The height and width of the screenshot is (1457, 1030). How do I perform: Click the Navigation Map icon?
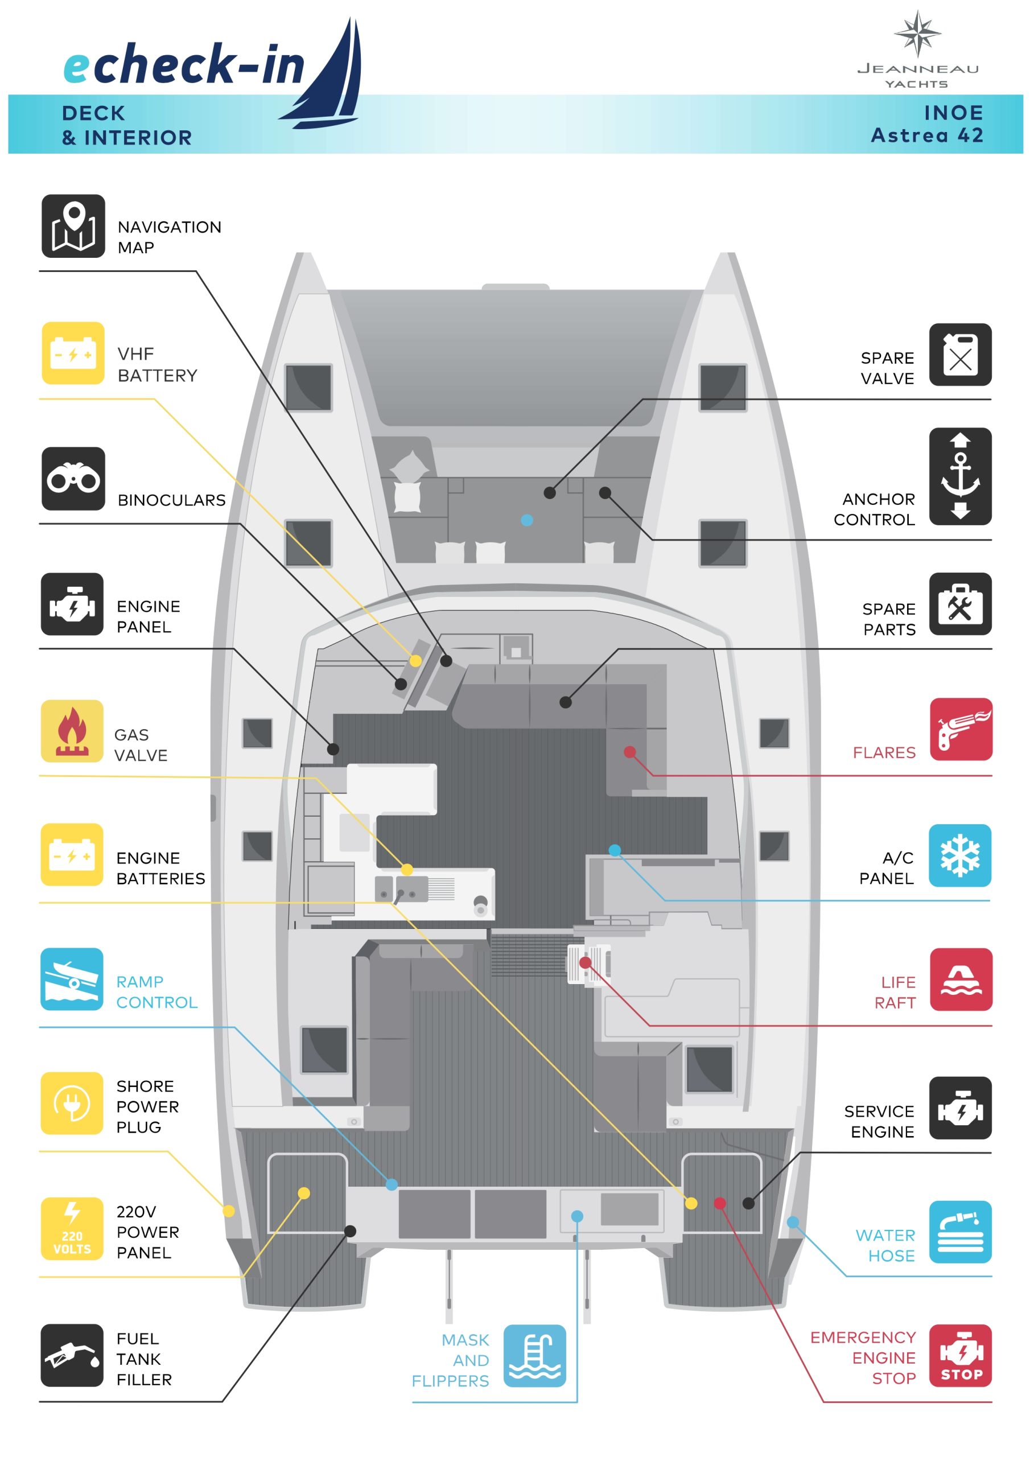pyautogui.click(x=73, y=226)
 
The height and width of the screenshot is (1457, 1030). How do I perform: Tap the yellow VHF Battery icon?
pyautogui.click(x=73, y=353)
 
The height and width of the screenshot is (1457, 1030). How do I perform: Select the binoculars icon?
pyautogui.click(x=73, y=479)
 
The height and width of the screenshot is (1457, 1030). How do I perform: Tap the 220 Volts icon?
pyautogui.click(x=72, y=1229)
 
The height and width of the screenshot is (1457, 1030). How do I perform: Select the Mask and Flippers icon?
pyautogui.click(x=534, y=1356)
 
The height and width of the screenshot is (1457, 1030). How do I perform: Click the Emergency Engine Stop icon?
pyautogui.click(x=960, y=1356)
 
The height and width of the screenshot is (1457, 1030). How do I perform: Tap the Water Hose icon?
pyautogui.click(x=960, y=1232)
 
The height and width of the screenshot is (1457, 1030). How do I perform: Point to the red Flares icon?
pyautogui.click(x=961, y=729)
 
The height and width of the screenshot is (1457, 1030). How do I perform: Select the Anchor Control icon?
pyautogui.click(x=960, y=476)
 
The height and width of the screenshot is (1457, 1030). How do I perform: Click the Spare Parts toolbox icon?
pyautogui.click(x=960, y=604)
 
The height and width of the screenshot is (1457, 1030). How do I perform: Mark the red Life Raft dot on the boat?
pyautogui.click(x=585, y=964)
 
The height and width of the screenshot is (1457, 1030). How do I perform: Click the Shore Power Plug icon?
pyautogui.click(x=72, y=1103)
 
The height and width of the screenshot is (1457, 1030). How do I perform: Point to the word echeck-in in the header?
pyautogui.click(x=184, y=65)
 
